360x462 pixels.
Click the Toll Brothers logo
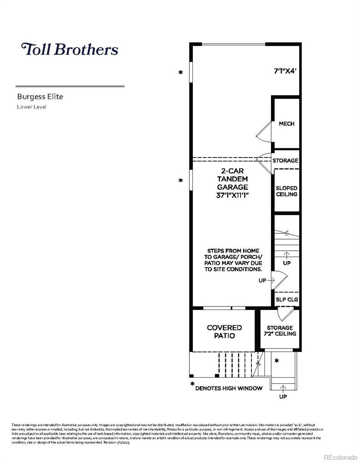pos(70,49)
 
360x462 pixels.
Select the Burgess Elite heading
pos(40,97)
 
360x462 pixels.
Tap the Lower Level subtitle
pos(32,107)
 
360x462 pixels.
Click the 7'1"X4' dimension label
pos(285,71)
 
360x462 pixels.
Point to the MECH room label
pos(286,124)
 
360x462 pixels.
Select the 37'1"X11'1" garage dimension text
pos(232,195)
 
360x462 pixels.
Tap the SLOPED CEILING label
pos(286,191)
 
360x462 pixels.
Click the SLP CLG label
pos(287,300)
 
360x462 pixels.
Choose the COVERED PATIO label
pos(224,331)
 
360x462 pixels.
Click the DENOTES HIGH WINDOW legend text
pos(229,388)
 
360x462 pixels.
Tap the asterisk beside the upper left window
pos(181,72)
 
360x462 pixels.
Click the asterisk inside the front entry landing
pos(276,361)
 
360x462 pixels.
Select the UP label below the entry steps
pos(283,397)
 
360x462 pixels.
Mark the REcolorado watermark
pos(340,457)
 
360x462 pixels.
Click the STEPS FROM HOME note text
pos(233,260)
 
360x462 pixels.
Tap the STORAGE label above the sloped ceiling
pos(285,161)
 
